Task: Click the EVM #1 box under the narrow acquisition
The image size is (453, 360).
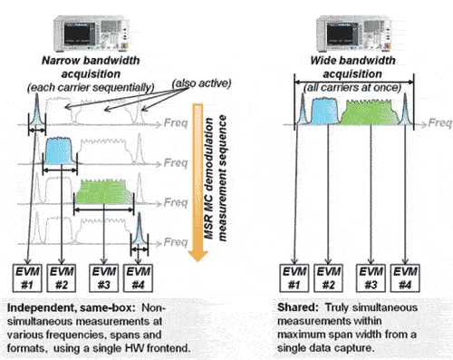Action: pyautogui.click(x=27, y=278)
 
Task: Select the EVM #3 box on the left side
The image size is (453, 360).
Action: pyautogui.click(x=104, y=278)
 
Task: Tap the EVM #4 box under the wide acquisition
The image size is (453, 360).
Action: pyautogui.click(x=405, y=278)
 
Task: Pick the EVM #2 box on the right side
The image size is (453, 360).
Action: pyautogui.click(x=329, y=278)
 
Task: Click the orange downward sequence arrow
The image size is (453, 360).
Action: pyautogui.click(x=198, y=182)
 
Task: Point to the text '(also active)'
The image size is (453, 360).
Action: pyautogui.click(x=201, y=83)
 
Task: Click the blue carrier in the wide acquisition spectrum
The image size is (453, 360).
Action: pyautogui.click(x=324, y=112)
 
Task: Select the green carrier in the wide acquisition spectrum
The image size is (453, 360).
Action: pyautogui.click(x=370, y=112)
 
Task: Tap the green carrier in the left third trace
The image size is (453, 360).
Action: pyautogui.click(x=104, y=192)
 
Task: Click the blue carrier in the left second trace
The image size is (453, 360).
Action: pyautogui.click(x=59, y=151)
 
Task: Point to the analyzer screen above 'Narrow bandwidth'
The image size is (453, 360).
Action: pyautogui.click(x=77, y=34)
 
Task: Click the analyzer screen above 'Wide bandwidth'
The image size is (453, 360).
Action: pyautogui.click(x=340, y=34)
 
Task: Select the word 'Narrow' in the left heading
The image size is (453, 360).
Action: pyautogui.click(x=56, y=61)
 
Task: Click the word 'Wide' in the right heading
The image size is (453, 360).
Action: pyautogui.click(x=322, y=61)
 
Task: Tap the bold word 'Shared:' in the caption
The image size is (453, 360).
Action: pyautogui.click(x=298, y=307)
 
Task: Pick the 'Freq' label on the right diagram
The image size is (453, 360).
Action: pyautogui.click(x=440, y=122)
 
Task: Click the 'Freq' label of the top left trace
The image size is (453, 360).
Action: pyautogui.click(x=176, y=122)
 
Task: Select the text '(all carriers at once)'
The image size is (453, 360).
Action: pyautogui.click(x=352, y=88)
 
